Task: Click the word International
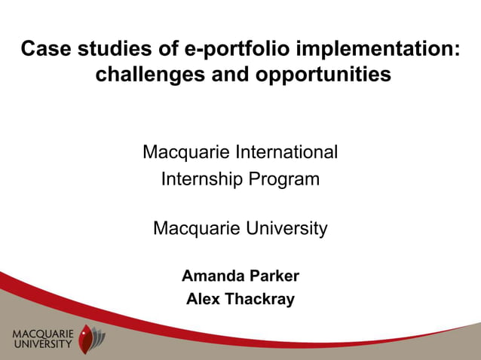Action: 286,152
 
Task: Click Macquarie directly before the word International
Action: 186,152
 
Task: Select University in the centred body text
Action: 283,227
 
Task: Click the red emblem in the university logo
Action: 88,338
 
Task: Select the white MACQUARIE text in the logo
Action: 44,333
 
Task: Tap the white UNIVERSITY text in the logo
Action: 44,344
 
